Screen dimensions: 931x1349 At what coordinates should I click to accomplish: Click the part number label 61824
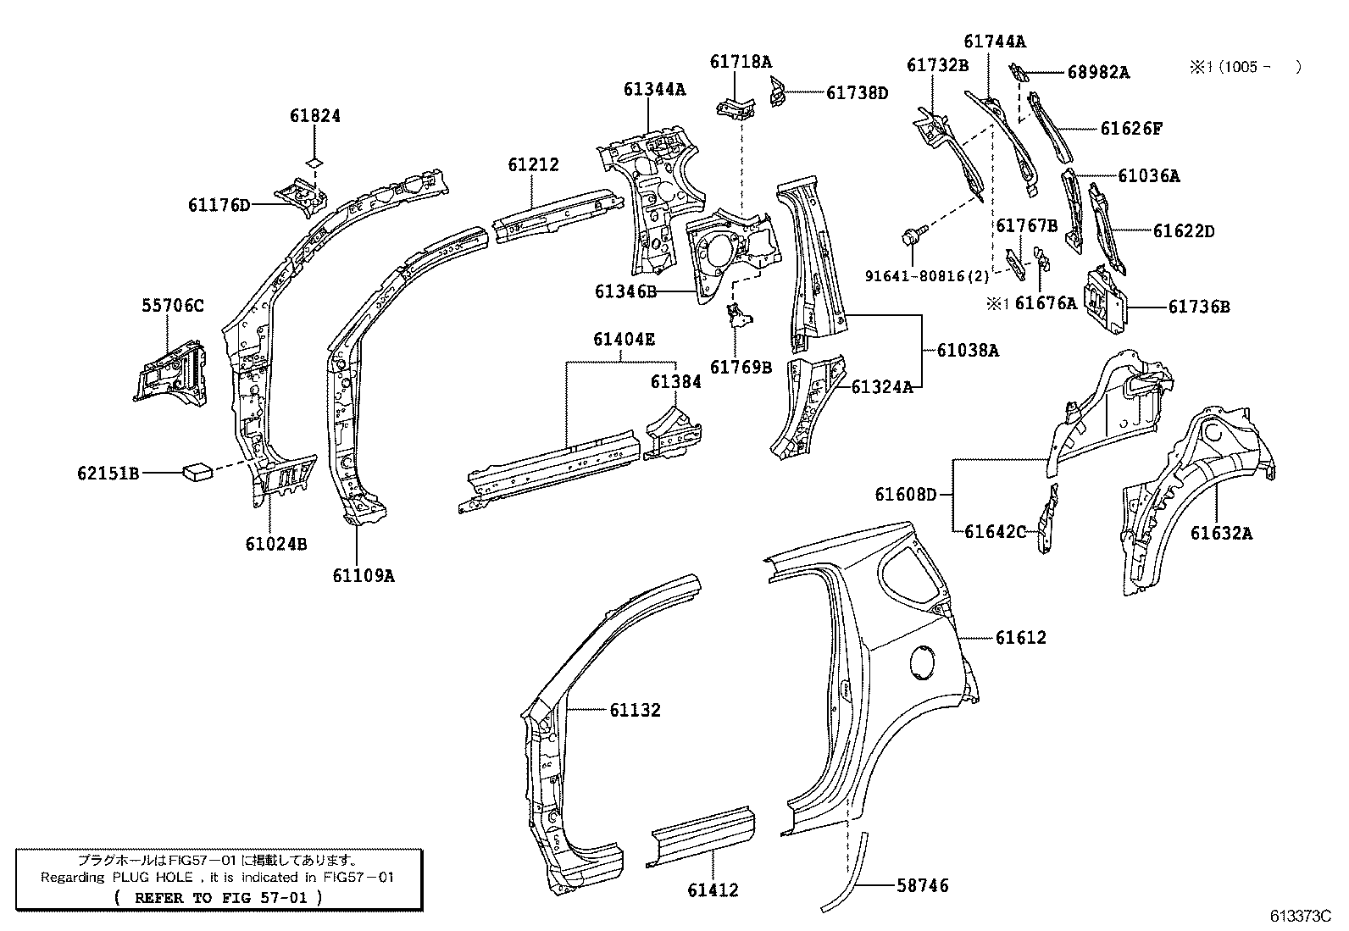click(314, 116)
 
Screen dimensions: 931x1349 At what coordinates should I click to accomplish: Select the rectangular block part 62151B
click(198, 471)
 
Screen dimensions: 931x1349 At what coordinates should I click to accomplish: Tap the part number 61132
click(635, 710)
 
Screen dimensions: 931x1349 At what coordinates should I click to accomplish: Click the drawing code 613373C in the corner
click(1301, 917)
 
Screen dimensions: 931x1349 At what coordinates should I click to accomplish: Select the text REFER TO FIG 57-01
click(217, 897)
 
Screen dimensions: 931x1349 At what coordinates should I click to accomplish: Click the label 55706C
click(172, 306)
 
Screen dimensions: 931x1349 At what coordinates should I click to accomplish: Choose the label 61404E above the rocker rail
click(624, 340)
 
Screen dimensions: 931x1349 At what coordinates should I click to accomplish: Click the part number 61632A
click(1221, 533)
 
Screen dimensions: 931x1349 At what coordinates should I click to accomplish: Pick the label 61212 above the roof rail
click(534, 164)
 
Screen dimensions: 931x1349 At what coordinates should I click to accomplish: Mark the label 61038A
click(967, 350)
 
